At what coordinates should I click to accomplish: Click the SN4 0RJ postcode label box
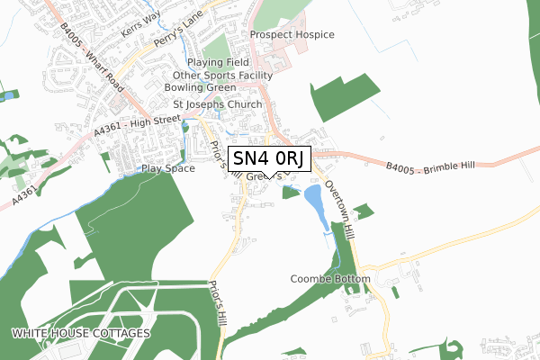click(271, 159)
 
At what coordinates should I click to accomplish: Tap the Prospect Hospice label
click(292, 35)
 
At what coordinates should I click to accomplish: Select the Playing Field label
click(216, 63)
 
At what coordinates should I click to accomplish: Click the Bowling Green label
click(200, 88)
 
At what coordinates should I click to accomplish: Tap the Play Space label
click(167, 168)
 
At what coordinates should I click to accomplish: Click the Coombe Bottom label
click(330, 279)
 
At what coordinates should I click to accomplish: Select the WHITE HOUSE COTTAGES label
click(82, 334)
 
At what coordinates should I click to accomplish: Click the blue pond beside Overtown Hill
click(314, 202)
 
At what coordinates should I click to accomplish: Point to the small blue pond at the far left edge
click(9, 94)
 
